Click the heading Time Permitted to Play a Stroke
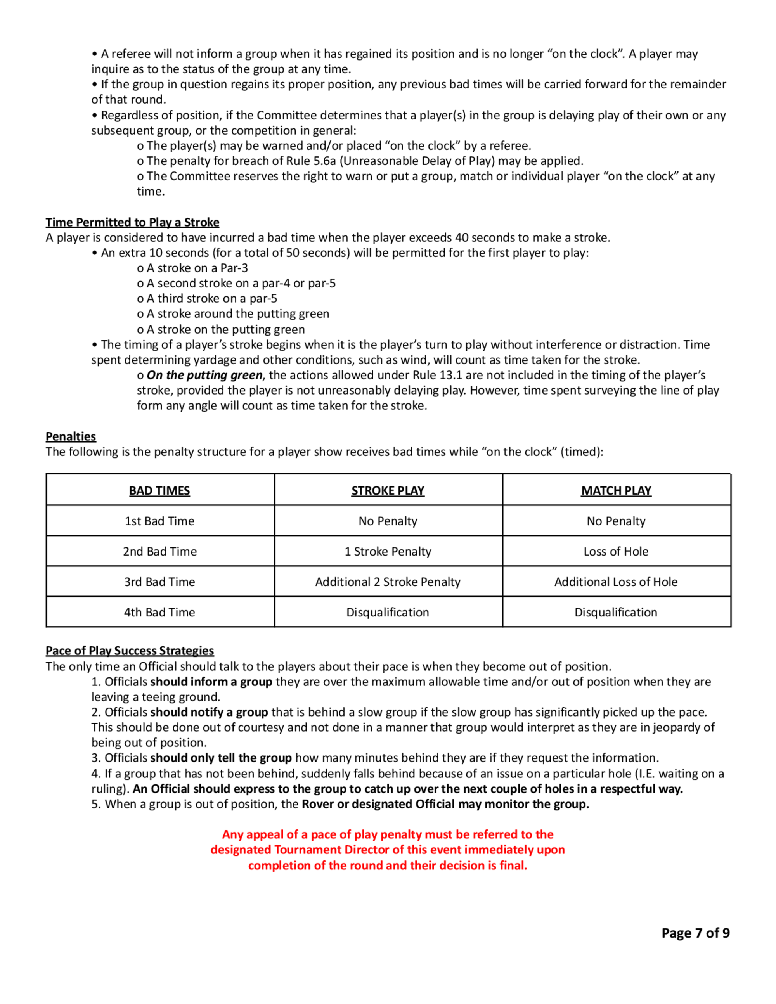132,223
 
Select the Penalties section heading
71,436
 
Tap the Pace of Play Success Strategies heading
130,651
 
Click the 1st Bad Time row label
159,521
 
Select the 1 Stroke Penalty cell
388,551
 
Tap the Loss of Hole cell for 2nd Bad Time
616,551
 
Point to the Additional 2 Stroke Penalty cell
388,582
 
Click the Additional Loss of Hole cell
616,582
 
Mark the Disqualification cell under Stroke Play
388,612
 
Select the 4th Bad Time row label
159,612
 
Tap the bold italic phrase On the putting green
204,375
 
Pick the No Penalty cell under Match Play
616,521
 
